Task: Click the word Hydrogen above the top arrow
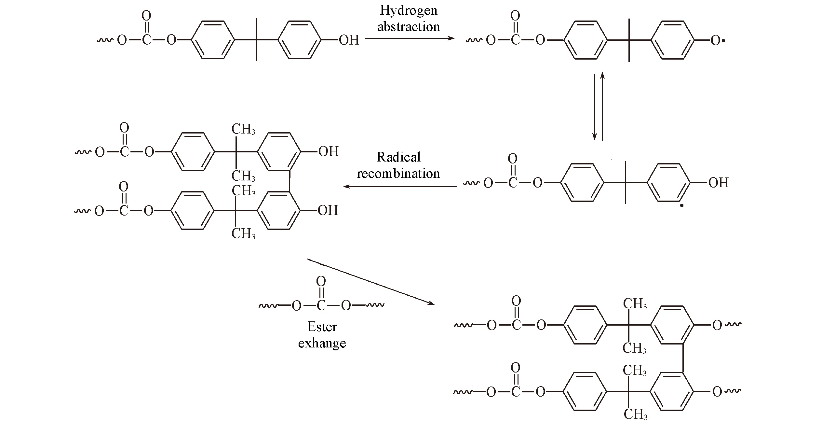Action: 409,11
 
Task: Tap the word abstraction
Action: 409,27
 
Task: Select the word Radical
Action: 398,157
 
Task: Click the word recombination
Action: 398,174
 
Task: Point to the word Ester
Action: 322,327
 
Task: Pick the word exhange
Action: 322,343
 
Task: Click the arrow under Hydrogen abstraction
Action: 410,38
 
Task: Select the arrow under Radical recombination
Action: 400,187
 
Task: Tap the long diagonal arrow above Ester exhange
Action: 371,282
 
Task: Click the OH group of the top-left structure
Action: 349,40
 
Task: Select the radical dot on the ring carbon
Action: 682,205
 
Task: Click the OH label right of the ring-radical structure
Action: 719,183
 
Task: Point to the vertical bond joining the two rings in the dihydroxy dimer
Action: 289,181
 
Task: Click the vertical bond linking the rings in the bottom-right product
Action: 682,358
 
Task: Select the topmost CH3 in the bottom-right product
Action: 635,304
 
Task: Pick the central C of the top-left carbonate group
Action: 146,40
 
